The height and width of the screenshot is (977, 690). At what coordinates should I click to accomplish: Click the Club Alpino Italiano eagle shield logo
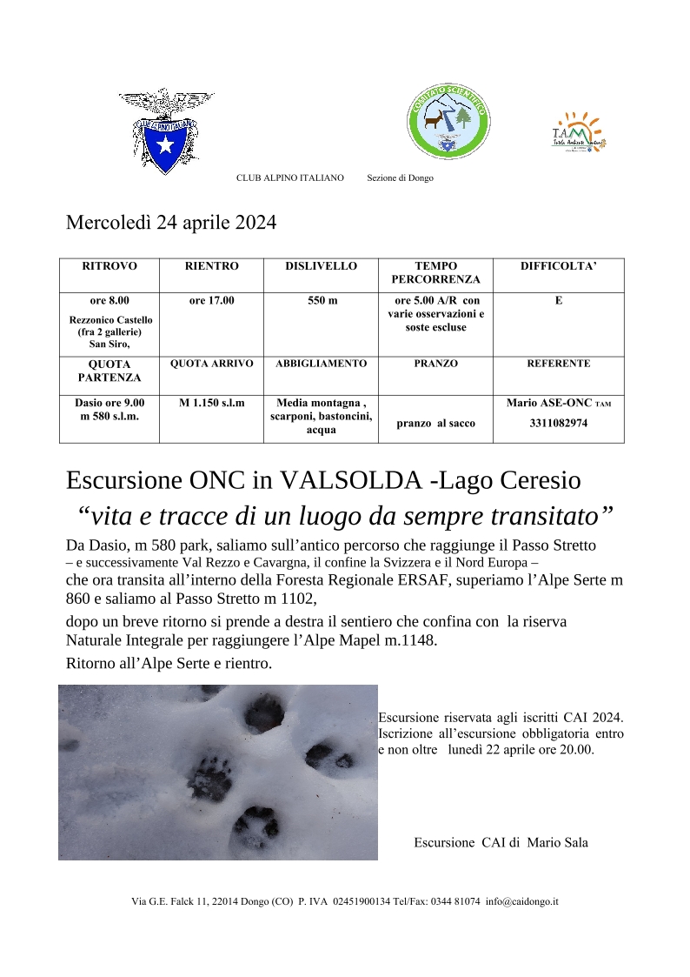[166, 130]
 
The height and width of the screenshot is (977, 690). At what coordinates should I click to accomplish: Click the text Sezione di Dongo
[400, 178]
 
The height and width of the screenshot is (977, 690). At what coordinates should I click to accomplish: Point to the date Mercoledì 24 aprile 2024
[171, 223]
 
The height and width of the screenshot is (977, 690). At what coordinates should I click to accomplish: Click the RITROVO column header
[109, 266]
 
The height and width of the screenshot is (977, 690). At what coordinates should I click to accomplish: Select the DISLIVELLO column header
[321, 266]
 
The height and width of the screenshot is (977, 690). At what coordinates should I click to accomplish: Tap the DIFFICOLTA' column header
[558, 266]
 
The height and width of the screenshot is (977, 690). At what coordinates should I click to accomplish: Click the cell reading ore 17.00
[211, 301]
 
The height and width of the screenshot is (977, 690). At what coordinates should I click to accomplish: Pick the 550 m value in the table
[321, 301]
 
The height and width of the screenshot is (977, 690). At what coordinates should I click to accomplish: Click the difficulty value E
[558, 301]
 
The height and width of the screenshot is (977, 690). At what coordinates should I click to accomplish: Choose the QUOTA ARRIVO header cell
[211, 364]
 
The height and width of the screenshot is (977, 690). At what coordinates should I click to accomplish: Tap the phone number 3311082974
[558, 424]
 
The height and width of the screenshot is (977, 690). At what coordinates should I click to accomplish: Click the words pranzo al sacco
[435, 424]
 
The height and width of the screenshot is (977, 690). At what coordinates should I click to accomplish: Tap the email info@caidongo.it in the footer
[521, 902]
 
